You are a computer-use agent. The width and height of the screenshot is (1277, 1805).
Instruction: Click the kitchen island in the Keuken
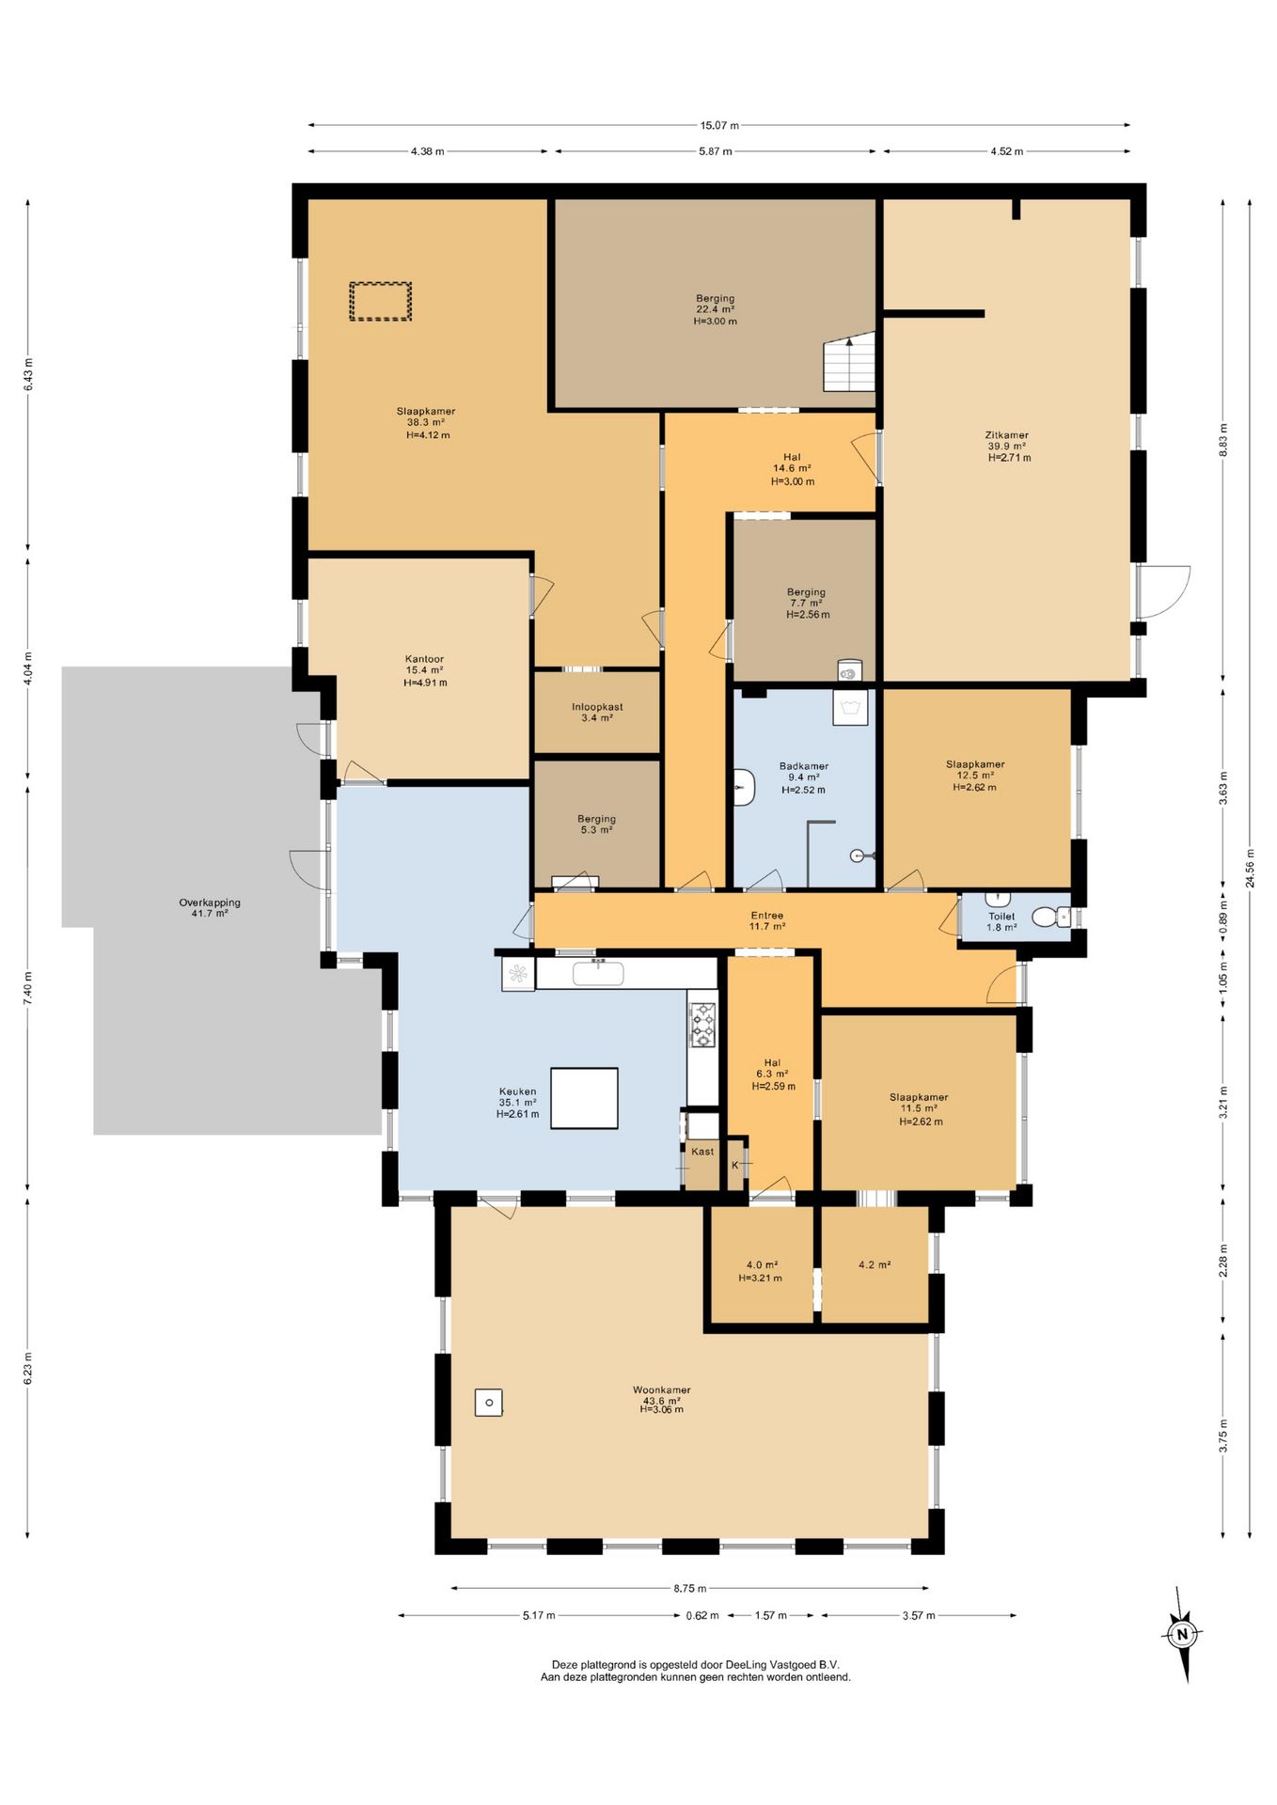tap(584, 1098)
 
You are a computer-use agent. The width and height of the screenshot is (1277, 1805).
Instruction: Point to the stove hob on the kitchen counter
tap(703, 1025)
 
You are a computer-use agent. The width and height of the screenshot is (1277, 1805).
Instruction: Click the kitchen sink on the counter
tap(598, 973)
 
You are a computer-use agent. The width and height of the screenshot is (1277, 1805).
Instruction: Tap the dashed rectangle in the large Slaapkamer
tap(381, 301)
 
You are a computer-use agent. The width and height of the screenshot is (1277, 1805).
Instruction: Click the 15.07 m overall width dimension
tap(719, 125)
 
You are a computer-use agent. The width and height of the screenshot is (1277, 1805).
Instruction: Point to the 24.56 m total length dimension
tap(1250, 874)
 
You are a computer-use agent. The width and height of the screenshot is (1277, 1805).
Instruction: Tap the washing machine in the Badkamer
tap(850, 708)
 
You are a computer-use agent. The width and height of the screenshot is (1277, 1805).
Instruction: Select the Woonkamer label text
tap(662, 1389)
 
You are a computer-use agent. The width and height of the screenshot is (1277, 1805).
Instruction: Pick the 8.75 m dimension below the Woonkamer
tap(690, 1589)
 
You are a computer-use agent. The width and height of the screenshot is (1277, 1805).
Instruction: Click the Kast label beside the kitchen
tap(702, 1152)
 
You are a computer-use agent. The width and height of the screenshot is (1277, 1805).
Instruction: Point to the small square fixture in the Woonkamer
tap(488, 1403)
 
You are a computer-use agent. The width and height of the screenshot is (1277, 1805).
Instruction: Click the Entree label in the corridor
tap(767, 915)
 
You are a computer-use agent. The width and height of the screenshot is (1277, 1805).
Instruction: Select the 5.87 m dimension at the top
tap(715, 151)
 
